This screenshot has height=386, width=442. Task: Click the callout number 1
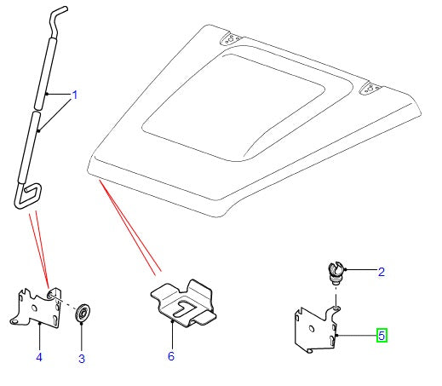pyautogui.click(x=74, y=95)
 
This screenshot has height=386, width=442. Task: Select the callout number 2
pyautogui.click(x=382, y=272)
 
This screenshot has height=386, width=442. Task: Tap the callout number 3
pyautogui.click(x=82, y=359)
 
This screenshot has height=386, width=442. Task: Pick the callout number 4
pyautogui.click(x=38, y=356)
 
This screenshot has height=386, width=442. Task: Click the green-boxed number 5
pyautogui.click(x=382, y=336)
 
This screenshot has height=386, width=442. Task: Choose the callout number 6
pyautogui.click(x=170, y=356)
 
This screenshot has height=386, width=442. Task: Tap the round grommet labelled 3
pyautogui.click(x=83, y=313)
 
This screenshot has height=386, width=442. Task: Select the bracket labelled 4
pyautogui.click(x=36, y=308)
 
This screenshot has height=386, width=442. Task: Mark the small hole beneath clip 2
pyautogui.click(x=336, y=300)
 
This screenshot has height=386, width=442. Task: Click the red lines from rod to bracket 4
pyautogui.click(x=40, y=247)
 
